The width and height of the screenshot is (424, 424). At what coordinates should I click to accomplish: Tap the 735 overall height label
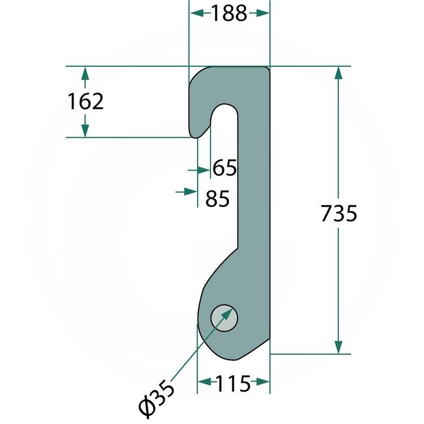339,214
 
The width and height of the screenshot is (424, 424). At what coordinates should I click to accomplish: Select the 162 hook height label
85,101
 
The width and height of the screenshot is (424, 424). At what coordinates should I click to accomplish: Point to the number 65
225,168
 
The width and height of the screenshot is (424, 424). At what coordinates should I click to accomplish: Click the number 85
217,199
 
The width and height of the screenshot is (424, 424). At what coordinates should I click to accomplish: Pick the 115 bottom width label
233,384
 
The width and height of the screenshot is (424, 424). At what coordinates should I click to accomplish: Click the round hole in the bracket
224,319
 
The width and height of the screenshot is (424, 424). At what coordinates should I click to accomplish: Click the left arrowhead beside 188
197,13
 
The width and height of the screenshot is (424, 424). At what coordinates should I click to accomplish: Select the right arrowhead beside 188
262,13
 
